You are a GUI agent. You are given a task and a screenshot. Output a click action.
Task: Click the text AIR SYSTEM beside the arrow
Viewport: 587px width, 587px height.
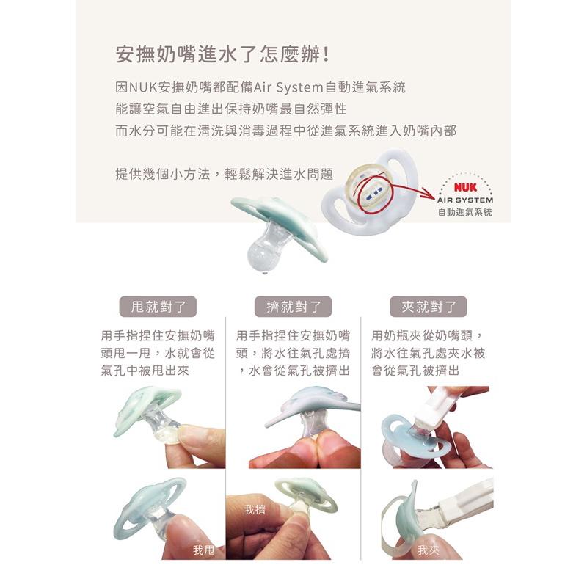click(464, 200)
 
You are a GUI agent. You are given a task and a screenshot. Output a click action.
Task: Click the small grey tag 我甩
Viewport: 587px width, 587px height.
click(203, 549)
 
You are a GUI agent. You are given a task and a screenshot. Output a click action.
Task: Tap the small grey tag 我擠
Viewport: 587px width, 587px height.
click(255, 508)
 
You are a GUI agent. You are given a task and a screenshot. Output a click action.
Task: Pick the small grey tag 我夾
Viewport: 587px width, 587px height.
click(428, 549)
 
